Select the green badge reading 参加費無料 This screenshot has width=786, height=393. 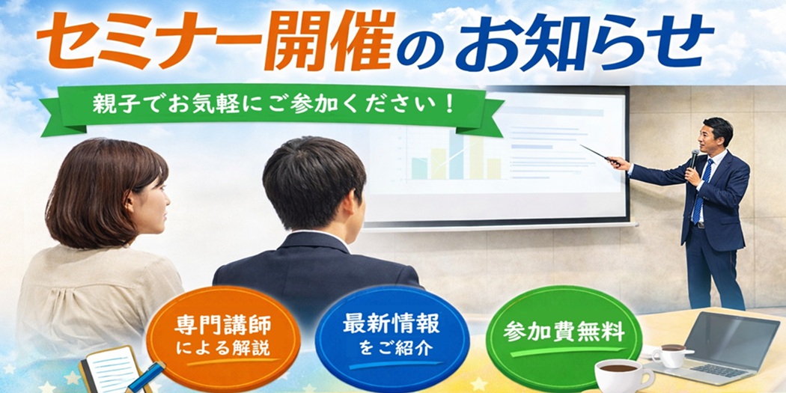pyautogui.click(x=563, y=334)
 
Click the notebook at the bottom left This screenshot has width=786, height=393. pyautogui.click(x=109, y=371)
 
